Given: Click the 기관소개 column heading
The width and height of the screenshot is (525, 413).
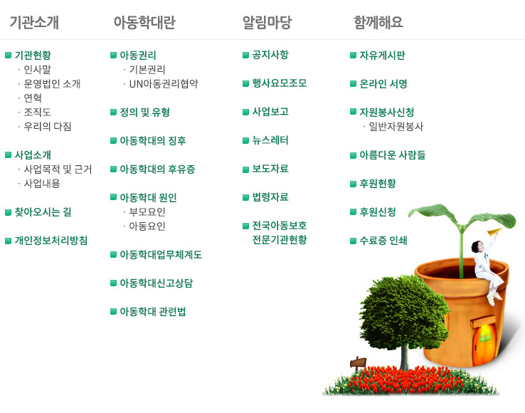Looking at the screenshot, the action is (34, 23).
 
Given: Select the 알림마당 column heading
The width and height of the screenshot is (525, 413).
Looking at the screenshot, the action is (267, 23).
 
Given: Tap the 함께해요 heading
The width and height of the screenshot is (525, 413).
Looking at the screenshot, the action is (378, 23).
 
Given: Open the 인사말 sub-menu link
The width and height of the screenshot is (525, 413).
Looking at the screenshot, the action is (37, 69).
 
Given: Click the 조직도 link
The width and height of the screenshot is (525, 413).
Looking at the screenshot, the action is (37, 112).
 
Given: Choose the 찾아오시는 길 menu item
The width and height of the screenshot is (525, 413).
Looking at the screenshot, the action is (43, 212).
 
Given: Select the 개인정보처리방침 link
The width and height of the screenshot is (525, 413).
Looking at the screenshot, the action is (51, 241).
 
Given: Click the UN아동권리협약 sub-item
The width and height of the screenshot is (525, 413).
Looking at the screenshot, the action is (164, 83).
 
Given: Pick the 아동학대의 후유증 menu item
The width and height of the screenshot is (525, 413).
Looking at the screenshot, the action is (157, 169).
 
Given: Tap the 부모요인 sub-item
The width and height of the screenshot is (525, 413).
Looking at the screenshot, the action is (147, 212).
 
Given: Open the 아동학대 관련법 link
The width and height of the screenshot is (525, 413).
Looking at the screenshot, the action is (153, 311).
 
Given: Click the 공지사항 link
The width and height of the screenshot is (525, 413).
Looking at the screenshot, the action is (270, 55).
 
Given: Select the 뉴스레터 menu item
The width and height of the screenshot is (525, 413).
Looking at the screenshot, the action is (270, 140).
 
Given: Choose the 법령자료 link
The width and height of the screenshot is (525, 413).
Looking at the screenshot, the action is (270, 197).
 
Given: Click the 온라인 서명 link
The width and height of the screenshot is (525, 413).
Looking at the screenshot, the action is (383, 83).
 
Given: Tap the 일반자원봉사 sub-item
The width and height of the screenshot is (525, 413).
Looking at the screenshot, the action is (396, 126).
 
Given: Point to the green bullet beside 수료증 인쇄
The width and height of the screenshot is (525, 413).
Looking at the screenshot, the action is (353, 241).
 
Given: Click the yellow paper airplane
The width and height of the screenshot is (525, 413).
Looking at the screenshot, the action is (494, 231).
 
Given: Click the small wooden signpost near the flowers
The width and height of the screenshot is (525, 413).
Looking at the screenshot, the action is (358, 363).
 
